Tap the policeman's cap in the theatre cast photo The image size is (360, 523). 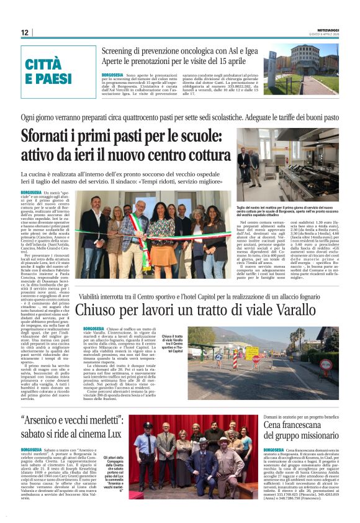click(x=146, y=425)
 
